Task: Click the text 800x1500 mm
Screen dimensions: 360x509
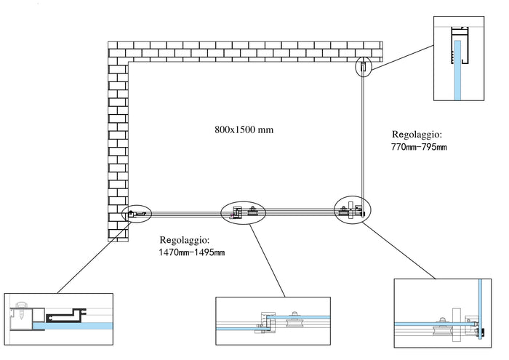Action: (244, 129)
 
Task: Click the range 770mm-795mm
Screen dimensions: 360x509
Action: (418, 148)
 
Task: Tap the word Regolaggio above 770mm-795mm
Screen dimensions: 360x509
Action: (417, 135)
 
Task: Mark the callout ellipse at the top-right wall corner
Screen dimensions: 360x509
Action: (364, 68)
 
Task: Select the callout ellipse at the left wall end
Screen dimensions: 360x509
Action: (137, 214)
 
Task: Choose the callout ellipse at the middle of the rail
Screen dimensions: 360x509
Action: (244, 212)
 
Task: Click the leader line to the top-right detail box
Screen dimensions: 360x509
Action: (401, 54)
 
